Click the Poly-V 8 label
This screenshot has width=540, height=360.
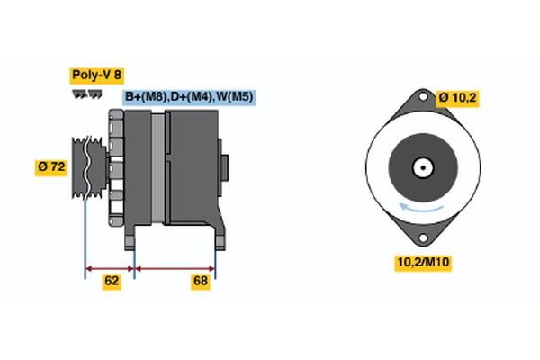point(96,76)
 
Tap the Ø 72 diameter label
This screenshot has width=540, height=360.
point(52,166)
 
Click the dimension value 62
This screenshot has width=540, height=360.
point(111,281)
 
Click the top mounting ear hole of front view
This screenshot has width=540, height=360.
point(420,100)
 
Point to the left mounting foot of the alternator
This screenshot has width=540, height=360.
point(130,238)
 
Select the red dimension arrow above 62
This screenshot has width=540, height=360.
point(109,267)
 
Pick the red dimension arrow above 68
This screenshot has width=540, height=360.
point(175,267)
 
